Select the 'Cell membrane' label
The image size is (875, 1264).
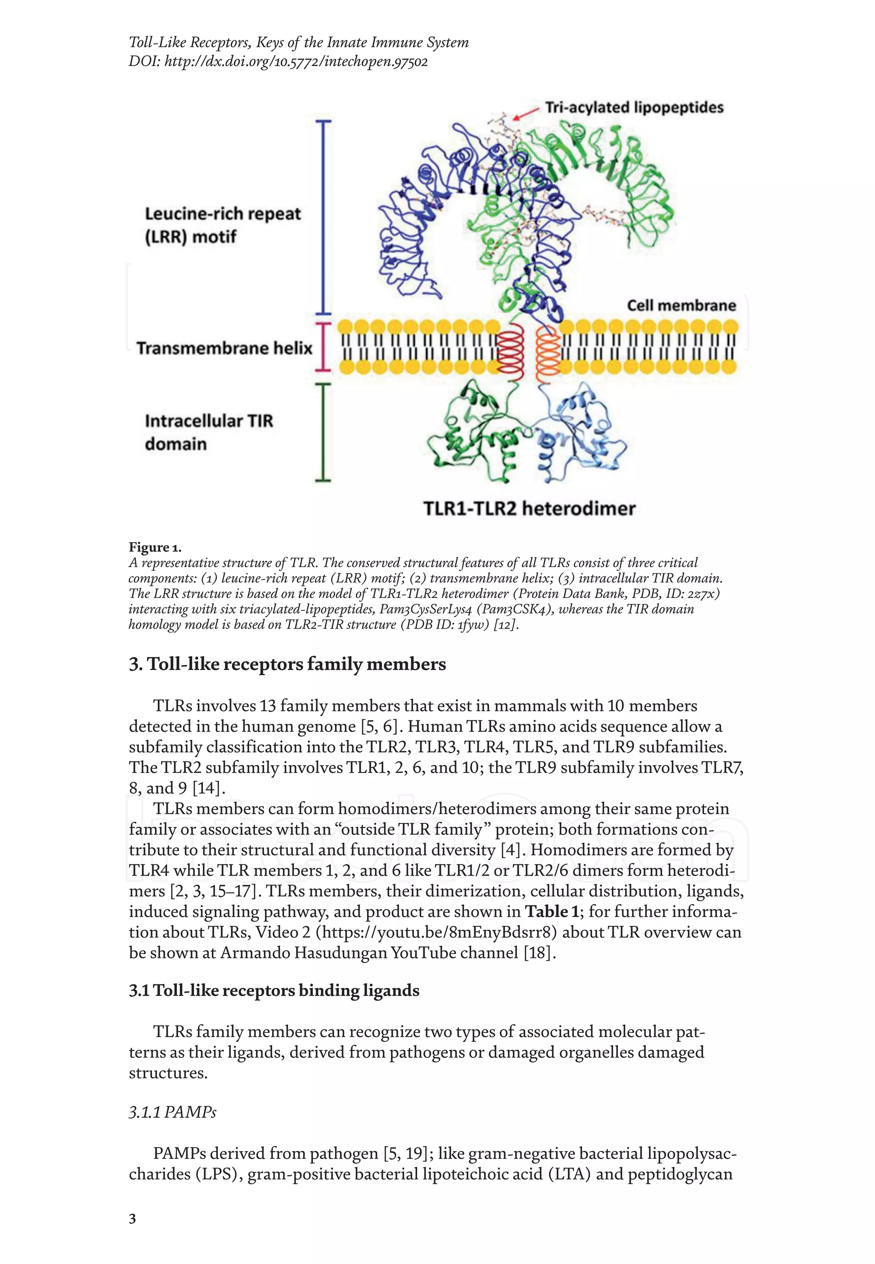click(681, 306)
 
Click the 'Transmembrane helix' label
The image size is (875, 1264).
click(224, 348)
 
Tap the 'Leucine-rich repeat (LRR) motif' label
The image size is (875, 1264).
click(222, 225)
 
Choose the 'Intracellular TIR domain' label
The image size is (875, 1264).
click(208, 432)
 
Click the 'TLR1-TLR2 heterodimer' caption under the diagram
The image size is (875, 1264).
click(529, 509)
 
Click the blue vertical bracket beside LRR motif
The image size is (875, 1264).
click(323, 217)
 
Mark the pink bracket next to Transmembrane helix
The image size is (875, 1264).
click(323, 346)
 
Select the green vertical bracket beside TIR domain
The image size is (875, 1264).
click(323, 432)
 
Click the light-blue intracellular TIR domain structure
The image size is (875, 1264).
click(581, 433)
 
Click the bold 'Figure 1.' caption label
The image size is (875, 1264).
click(155, 547)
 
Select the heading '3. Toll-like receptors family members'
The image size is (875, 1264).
click(287, 664)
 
